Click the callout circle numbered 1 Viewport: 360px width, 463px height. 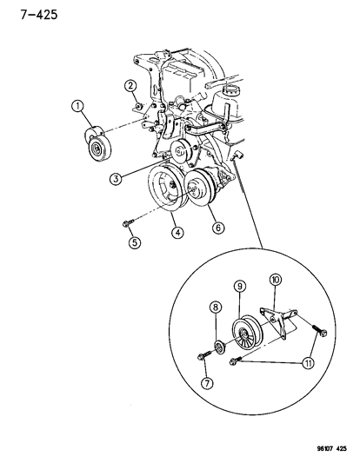[78, 106]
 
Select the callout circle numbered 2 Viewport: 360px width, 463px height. [130, 86]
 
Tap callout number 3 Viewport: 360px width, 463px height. [116, 179]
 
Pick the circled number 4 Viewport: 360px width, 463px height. [177, 233]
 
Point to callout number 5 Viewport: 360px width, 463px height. [135, 242]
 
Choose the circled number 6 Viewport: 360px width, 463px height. [218, 228]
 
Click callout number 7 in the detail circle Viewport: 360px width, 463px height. [207, 383]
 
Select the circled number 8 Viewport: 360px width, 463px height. [216, 308]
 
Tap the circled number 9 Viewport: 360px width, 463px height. [240, 286]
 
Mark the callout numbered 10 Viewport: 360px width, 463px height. [275, 280]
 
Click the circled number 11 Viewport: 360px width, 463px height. [308, 363]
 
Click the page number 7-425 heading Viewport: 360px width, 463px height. [39, 15]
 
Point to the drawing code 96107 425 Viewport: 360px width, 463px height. [331, 449]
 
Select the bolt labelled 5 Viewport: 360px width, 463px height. [128, 223]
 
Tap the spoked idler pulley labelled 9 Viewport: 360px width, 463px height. [247, 333]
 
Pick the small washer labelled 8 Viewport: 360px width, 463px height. [219, 347]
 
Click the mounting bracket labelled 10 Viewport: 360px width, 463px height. [278, 322]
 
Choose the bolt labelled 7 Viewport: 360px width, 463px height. [203, 354]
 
